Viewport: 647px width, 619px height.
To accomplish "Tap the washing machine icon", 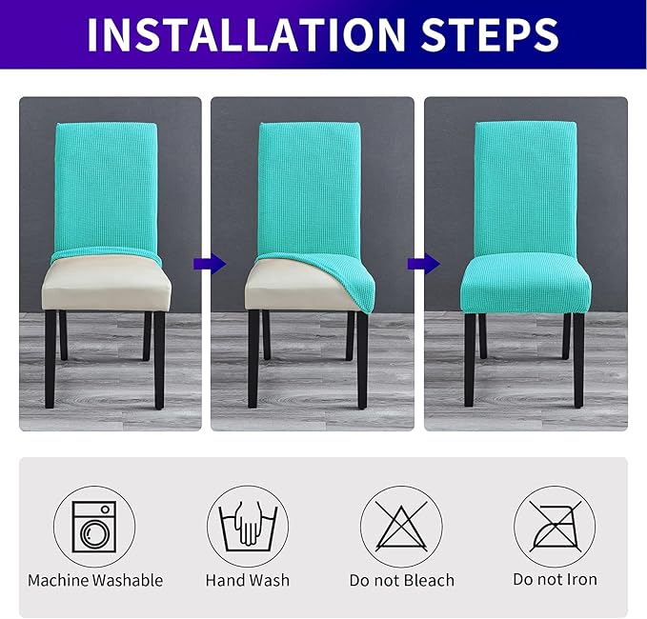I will pos(94,527).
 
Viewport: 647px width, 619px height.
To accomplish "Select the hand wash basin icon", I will pos(248,527).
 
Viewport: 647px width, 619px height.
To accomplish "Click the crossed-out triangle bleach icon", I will pos(400,527).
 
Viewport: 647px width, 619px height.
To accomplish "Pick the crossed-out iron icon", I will pos(555,527).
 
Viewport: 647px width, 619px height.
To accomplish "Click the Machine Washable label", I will pos(95,580).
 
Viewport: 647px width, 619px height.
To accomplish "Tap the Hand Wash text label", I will pos(248,580).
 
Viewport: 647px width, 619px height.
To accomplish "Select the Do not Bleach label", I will pos(401,580).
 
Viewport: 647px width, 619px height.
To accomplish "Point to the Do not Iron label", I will pos(555,580).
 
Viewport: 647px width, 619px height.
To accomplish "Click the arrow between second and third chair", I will pos(418,264).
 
